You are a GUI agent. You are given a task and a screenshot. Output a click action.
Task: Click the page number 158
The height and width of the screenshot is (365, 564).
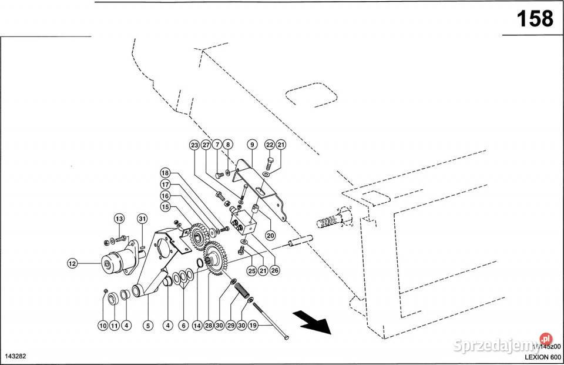[x=534, y=19]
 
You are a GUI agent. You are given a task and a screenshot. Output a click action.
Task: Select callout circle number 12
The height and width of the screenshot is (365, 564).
[x=72, y=264]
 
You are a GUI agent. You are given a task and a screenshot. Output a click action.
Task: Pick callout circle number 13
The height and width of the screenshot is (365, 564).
[x=120, y=219]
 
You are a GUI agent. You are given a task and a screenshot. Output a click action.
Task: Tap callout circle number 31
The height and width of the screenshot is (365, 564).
[x=142, y=219]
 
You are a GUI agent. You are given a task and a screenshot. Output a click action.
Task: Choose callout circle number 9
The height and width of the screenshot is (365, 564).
[x=251, y=145]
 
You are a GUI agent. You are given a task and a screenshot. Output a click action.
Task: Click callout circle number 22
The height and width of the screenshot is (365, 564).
[x=270, y=145]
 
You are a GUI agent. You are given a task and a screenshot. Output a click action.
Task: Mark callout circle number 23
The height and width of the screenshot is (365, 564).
[x=194, y=145]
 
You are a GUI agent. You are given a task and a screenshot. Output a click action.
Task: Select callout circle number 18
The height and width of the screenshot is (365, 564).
[x=165, y=173]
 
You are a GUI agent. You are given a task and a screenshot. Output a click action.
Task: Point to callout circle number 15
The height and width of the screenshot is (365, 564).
[x=165, y=207]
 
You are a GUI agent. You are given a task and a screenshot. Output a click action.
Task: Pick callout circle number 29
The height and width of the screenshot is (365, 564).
[x=231, y=324]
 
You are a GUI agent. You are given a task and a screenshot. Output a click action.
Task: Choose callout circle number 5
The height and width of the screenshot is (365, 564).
[x=147, y=324]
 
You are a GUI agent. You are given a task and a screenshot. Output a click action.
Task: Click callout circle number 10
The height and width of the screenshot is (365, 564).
[x=103, y=324]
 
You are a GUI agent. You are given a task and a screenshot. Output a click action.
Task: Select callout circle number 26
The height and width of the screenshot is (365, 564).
[x=274, y=271]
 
